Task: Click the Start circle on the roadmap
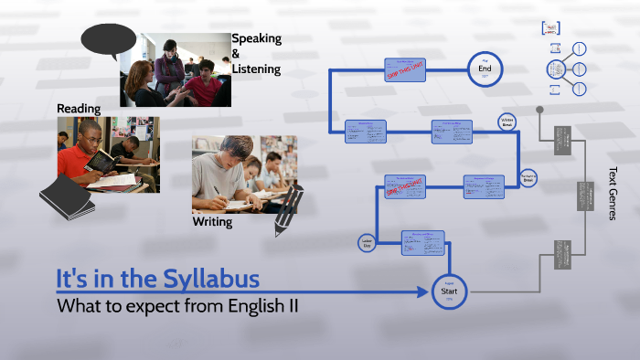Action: (x=449, y=291)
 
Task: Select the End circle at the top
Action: (x=485, y=68)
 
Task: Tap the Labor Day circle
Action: (x=367, y=243)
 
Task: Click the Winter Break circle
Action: (x=507, y=122)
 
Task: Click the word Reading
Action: (x=79, y=109)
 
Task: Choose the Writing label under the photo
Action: (x=212, y=222)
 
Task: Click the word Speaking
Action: (x=256, y=38)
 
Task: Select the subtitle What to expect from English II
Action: (x=177, y=305)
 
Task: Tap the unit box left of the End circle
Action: (x=404, y=70)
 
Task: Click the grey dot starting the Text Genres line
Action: (x=539, y=110)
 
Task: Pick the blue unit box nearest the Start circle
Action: (x=421, y=242)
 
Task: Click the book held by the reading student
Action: (x=100, y=162)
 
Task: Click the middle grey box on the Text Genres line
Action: (x=582, y=196)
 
